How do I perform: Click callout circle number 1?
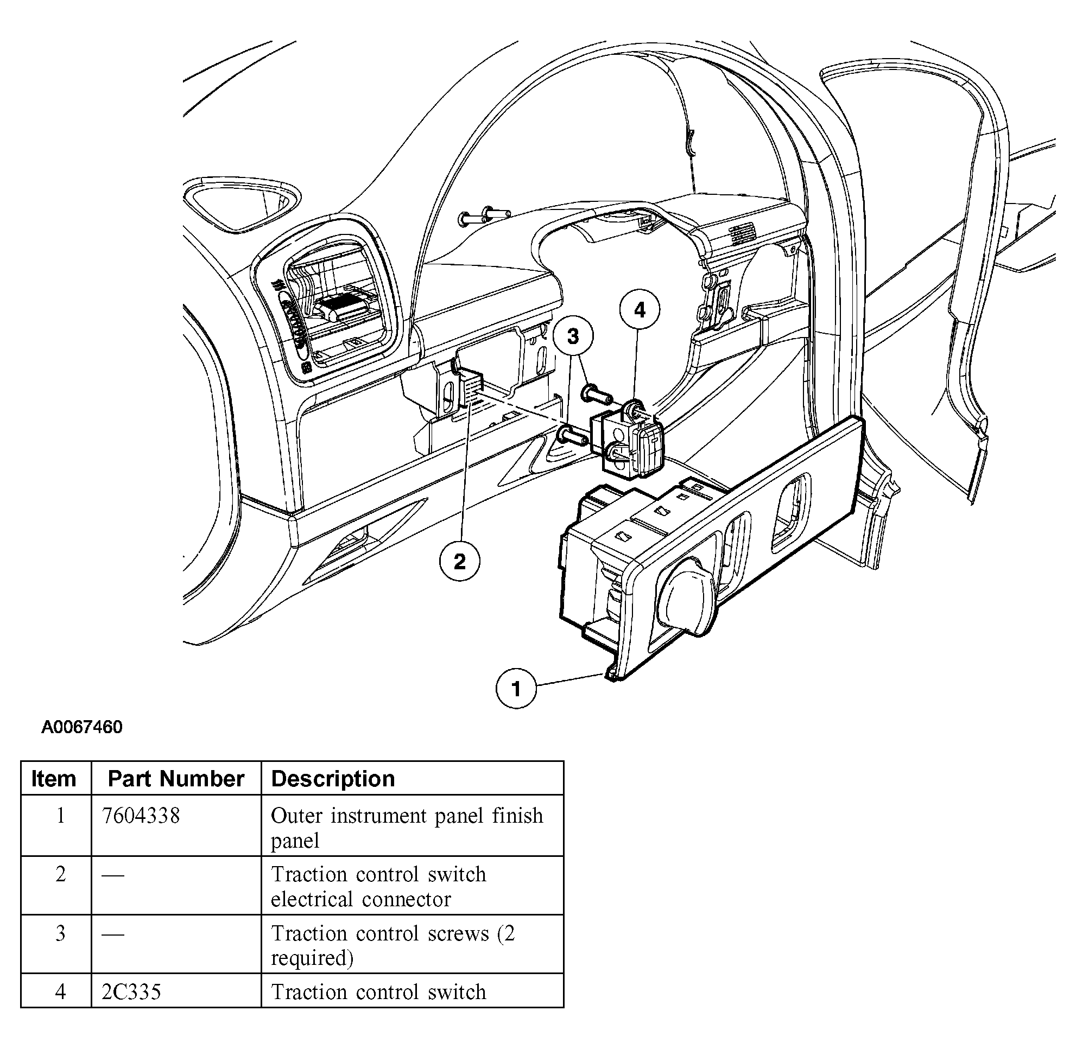pos(516,689)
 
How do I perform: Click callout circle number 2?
pos(460,562)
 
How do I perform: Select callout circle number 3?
pos(573,335)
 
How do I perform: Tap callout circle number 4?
pos(640,310)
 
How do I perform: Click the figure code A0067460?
pos(82,727)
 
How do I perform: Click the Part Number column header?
pos(176,779)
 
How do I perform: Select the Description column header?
pos(333,779)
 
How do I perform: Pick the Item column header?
pos(53,779)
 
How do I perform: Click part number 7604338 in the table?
pos(141,816)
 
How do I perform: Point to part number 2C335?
pos(131,992)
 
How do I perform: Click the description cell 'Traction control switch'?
pos(379,992)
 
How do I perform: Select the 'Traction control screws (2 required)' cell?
pos(393,945)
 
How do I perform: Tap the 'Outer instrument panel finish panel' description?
pos(406,828)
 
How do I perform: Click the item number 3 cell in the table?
pos(60,933)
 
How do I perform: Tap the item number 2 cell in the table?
pos(60,874)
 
